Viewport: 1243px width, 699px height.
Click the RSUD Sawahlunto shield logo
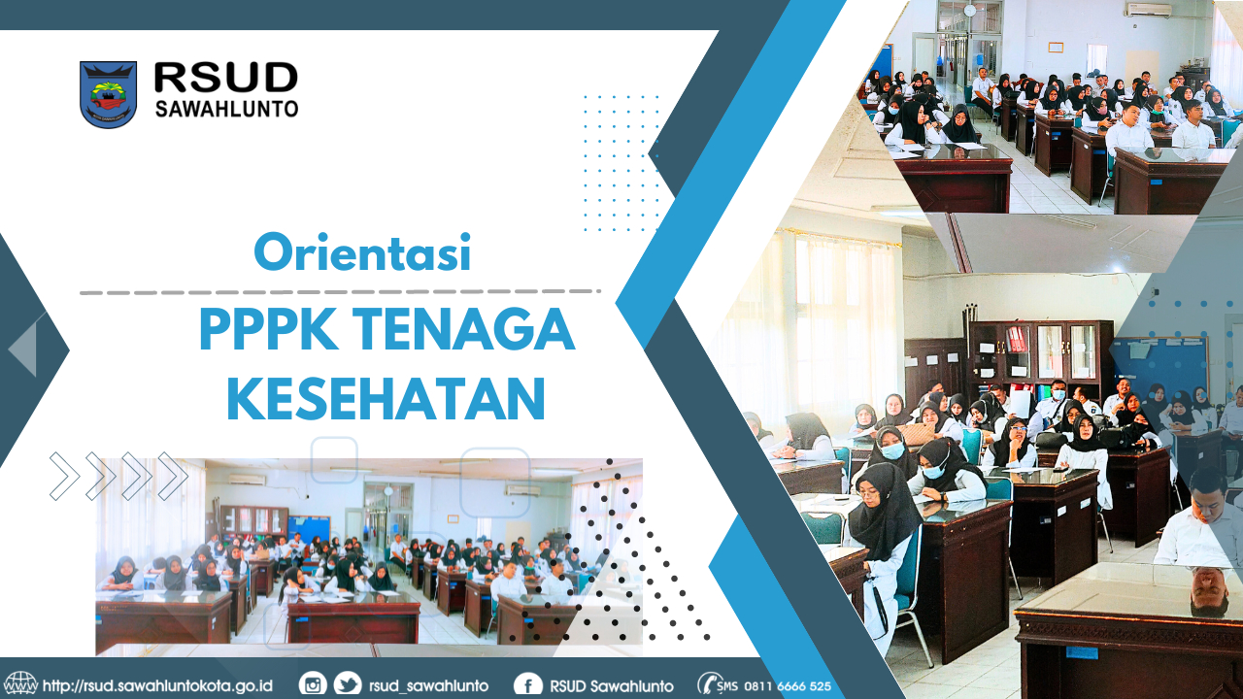coord(108,94)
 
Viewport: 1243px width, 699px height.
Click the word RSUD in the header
coord(225,78)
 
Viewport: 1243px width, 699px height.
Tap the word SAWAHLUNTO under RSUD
coord(226,109)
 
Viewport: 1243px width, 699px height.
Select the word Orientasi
coord(362,253)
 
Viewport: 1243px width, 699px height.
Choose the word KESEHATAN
coord(386,399)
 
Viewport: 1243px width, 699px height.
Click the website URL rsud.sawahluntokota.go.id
coord(157,685)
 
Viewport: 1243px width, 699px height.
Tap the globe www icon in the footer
coord(20,684)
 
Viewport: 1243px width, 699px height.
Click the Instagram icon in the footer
coord(313,684)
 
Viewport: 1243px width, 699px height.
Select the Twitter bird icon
coord(347,684)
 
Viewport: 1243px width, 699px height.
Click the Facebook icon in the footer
coord(527,684)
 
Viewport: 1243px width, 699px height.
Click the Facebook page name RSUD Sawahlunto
coord(611,685)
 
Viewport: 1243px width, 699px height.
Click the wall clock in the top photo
coord(969,10)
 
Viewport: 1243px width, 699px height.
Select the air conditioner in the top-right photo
coord(1148,9)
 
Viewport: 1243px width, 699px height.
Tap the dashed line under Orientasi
coord(340,291)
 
